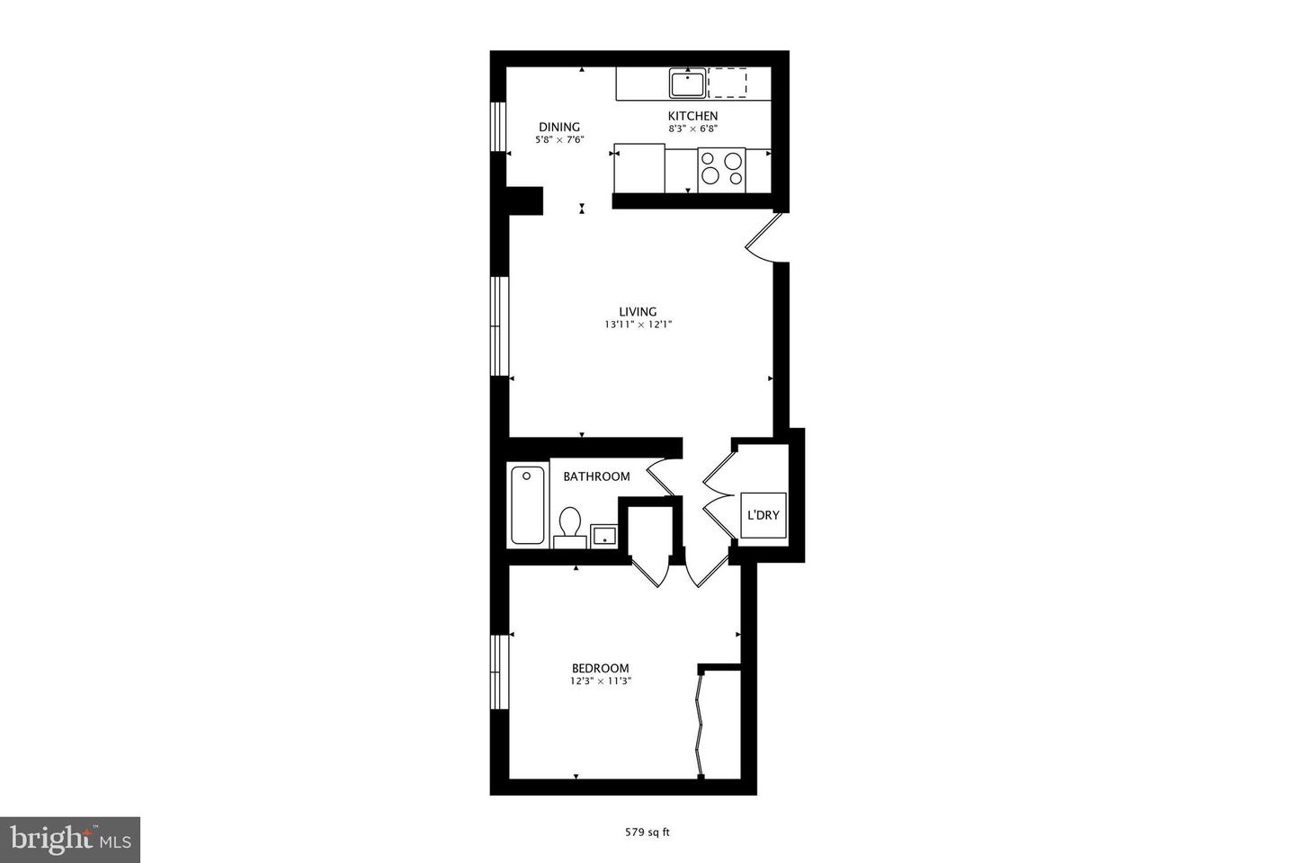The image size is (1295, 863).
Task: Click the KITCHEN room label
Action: click(692, 116)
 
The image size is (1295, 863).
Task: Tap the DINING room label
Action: click(559, 127)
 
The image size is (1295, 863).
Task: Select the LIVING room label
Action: click(638, 312)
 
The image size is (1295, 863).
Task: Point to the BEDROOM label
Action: click(601, 668)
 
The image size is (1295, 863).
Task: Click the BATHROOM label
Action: click(596, 476)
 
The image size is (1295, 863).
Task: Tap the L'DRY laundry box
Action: click(764, 515)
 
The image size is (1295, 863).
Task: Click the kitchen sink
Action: click(687, 84)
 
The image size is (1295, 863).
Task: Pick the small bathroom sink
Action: click(603, 537)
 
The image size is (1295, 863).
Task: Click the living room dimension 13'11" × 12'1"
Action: click(639, 325)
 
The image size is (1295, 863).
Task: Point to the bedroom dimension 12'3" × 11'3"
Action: click(601, 681)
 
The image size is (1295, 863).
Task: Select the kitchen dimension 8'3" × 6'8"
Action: click(692, 129)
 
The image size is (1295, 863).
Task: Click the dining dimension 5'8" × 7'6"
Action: click(559, 139)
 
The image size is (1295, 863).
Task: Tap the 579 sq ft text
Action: click(647, 832)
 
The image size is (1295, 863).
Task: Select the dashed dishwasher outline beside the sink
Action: click(728, 82)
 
